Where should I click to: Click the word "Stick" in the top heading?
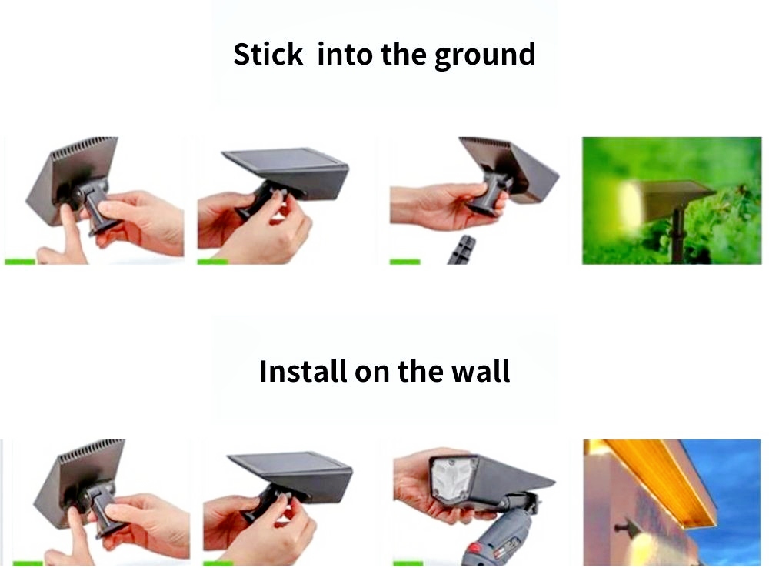tap(268, 54)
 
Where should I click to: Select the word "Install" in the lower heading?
tap(302, 371)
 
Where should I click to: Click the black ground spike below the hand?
tap(461, 249)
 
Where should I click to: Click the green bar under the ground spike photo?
tap(405, 262)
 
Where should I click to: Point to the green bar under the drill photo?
tap(408, 563)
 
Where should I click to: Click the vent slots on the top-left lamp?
tap(84, 147)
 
